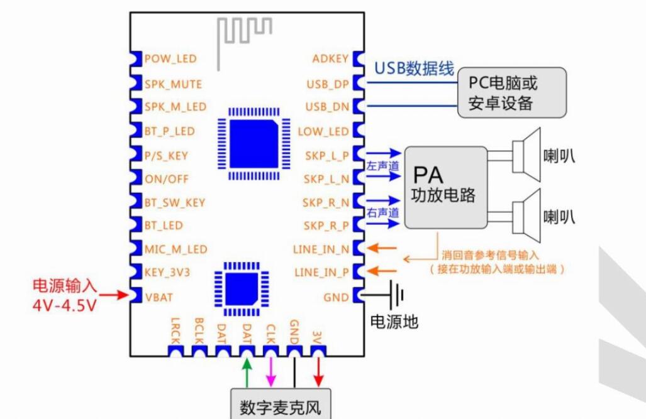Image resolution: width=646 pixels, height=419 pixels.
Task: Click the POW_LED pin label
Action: click(x=170, y=59)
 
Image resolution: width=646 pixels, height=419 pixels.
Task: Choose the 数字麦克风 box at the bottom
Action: click(x=280, y=407)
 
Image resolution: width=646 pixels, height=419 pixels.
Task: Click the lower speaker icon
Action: click(x=526, y=214)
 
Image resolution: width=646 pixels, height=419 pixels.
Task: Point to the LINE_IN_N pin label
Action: click(x=321, y=249)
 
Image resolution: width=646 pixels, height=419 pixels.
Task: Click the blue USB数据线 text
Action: click(x=414, y=69)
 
